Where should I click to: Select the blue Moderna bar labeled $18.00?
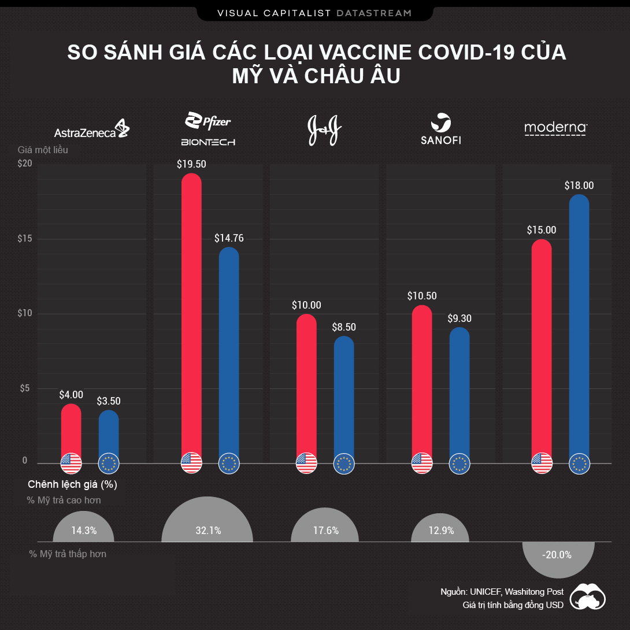(579, 324)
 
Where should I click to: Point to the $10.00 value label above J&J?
(306, 305)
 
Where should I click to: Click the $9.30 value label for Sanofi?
(459, 318)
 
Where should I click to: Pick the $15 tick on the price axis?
(24, 239)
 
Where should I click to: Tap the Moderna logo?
(555, 128)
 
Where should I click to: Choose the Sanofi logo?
(441, 130)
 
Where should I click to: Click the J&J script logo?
(325, 130)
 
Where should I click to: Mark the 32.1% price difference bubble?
(207, 529)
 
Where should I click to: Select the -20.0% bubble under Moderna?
(557, 555)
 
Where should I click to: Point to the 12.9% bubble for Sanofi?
(440, 530)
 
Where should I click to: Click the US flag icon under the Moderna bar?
(542, 463)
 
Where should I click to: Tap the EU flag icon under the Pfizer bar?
(229, 463)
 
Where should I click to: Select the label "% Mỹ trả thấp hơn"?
(68, 554)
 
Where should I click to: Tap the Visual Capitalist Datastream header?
(315, 12)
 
